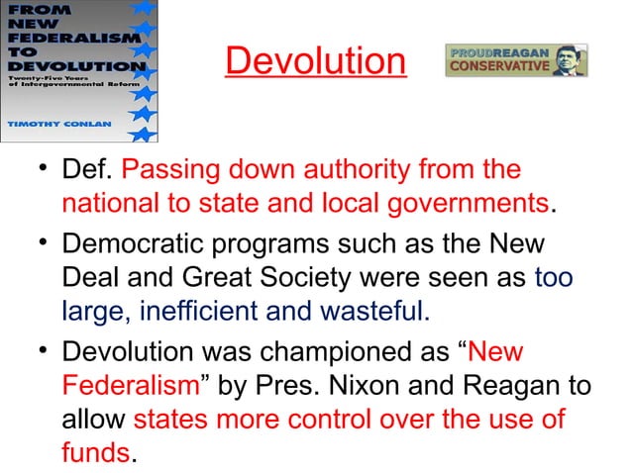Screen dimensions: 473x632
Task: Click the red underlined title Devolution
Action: click(x=315, y=62)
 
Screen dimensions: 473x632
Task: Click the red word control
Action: click(x=384, y=420)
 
